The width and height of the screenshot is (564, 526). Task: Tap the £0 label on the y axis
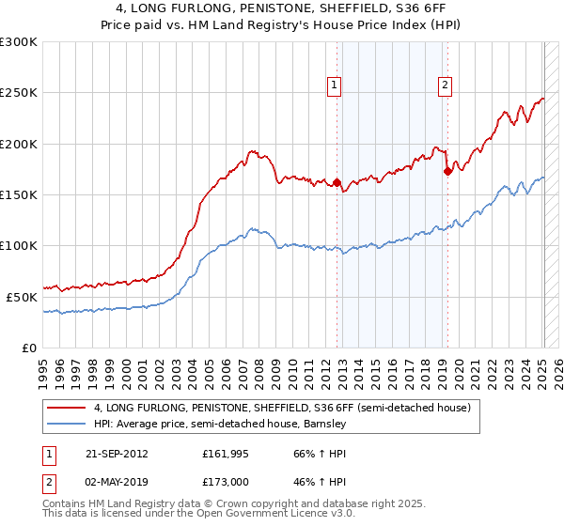(28, 348)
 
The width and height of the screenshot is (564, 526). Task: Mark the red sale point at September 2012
(337, 183)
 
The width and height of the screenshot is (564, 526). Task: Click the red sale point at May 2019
(447, 171)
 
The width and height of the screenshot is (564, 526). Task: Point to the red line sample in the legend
(67, 408)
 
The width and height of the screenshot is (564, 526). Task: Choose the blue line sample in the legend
(67, 424)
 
